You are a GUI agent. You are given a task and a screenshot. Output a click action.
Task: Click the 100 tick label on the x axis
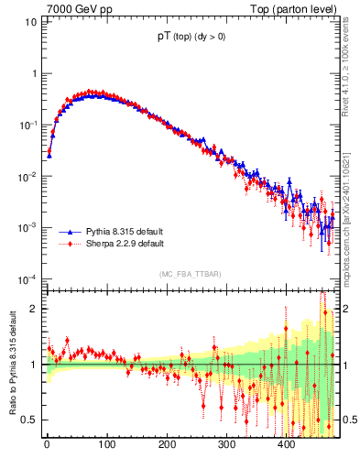click(106, 444)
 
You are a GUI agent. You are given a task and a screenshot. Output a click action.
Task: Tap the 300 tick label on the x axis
click(226, 444)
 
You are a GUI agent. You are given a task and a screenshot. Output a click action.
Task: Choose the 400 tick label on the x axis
click(286, 444)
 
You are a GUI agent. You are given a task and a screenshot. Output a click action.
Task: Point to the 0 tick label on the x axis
click(47, 444)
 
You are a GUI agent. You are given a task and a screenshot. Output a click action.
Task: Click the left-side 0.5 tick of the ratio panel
click(30, 420)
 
